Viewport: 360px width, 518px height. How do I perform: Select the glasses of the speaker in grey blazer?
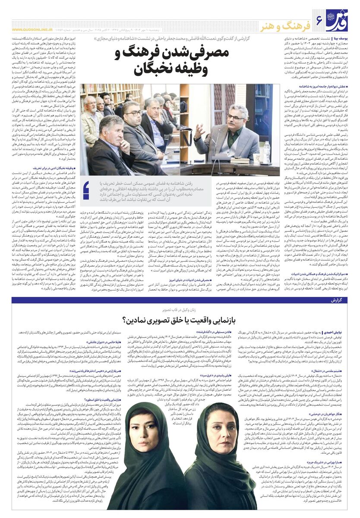point(237,116)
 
